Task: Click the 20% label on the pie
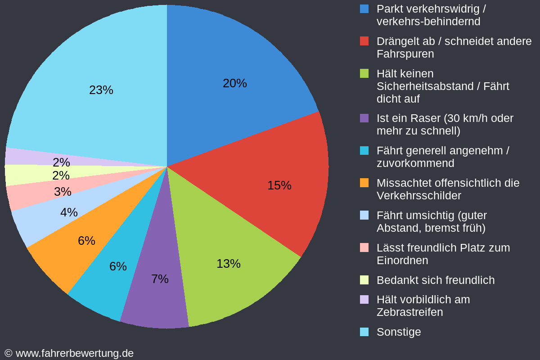[x=234, y=83]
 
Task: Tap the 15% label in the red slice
[x=279, y=185]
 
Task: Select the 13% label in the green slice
[x=228, y=264]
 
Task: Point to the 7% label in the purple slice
[x=160, y=279]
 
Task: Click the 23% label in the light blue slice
[x=101, y=90]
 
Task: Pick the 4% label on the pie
[x=69, y=212]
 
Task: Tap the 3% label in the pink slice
[x=63, y=192]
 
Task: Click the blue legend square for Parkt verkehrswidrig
[x=364, y=9]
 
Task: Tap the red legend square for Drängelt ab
[x=364, y=41]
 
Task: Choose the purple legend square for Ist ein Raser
[x=364, y=118]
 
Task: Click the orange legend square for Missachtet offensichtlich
[x=364, y=183]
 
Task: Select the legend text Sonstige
[x=399, y=332]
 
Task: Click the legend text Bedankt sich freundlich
[x=435, y=280]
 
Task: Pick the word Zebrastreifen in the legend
[x=409, y=312]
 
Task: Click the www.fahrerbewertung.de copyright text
[x=69, y=353]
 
